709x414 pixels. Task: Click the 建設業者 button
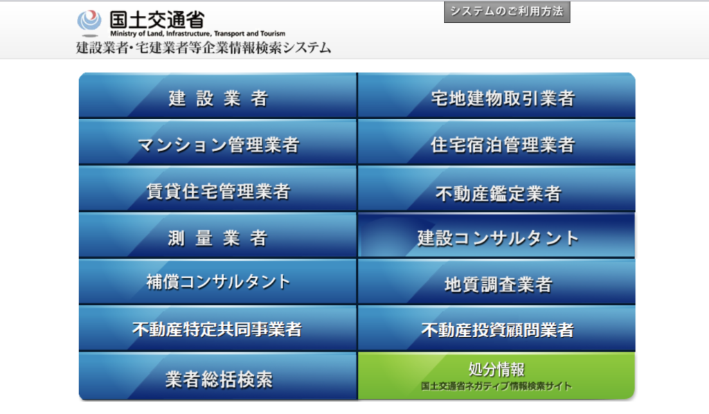(x=217, y=96)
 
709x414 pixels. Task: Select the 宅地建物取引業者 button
(x=496, y=96)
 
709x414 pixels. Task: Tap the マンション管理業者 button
(x=217, y=143)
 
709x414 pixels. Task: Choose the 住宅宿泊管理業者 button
(x=496, y=143)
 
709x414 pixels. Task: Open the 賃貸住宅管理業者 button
(x=217, y=189)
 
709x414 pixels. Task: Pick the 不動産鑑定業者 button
(x=496, y=189)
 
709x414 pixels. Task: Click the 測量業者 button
(x=217, y=235)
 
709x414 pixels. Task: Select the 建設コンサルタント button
(x=496, y=235)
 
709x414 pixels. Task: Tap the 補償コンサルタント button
(x=217, y=282)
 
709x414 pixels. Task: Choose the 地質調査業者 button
(x=496, y=282)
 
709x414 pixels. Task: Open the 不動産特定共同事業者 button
(x=217, y=329)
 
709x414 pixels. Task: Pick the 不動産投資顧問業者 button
(x=496, y=329)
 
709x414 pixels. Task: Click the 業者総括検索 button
(x=217, y=376)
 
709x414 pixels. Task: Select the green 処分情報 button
(x=496, y=376)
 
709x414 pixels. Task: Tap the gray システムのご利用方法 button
(x=507, y=12)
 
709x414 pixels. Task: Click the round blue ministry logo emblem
(x=89, y=21)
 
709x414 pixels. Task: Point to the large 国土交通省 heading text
(x=157, y=20)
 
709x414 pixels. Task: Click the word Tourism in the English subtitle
(x=273, y=33)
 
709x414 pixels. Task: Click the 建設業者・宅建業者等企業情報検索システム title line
(x=204, y=48)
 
